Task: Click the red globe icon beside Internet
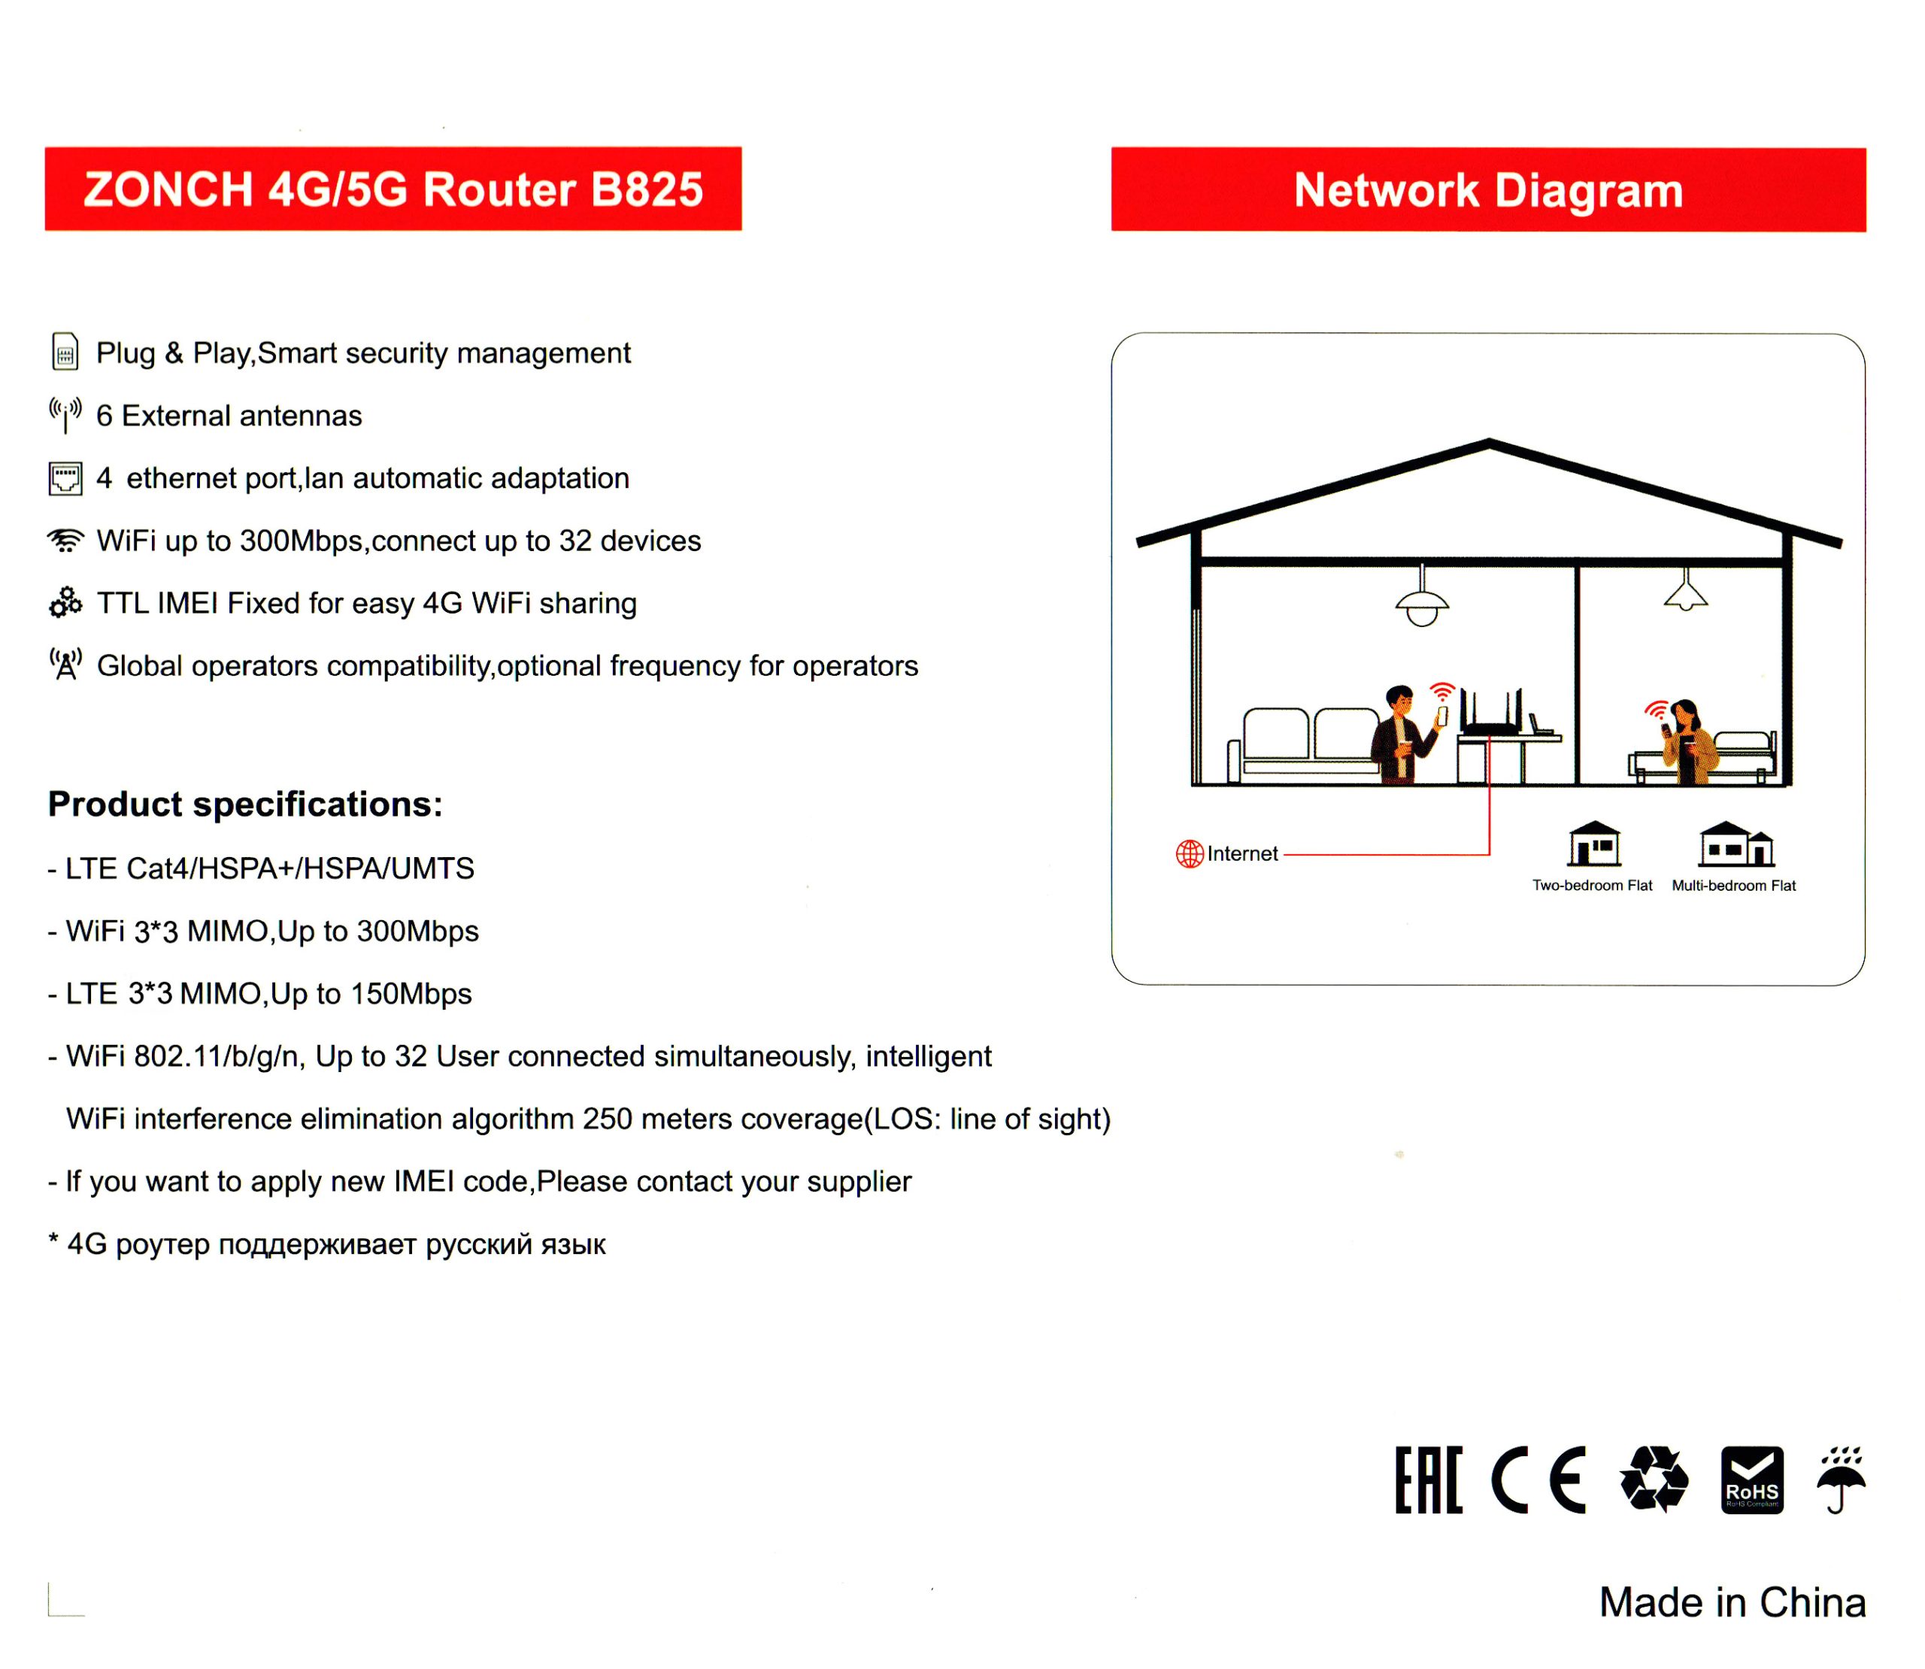(1190, 853)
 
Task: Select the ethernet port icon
(65, 479)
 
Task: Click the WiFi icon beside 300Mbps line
(65, 541)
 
